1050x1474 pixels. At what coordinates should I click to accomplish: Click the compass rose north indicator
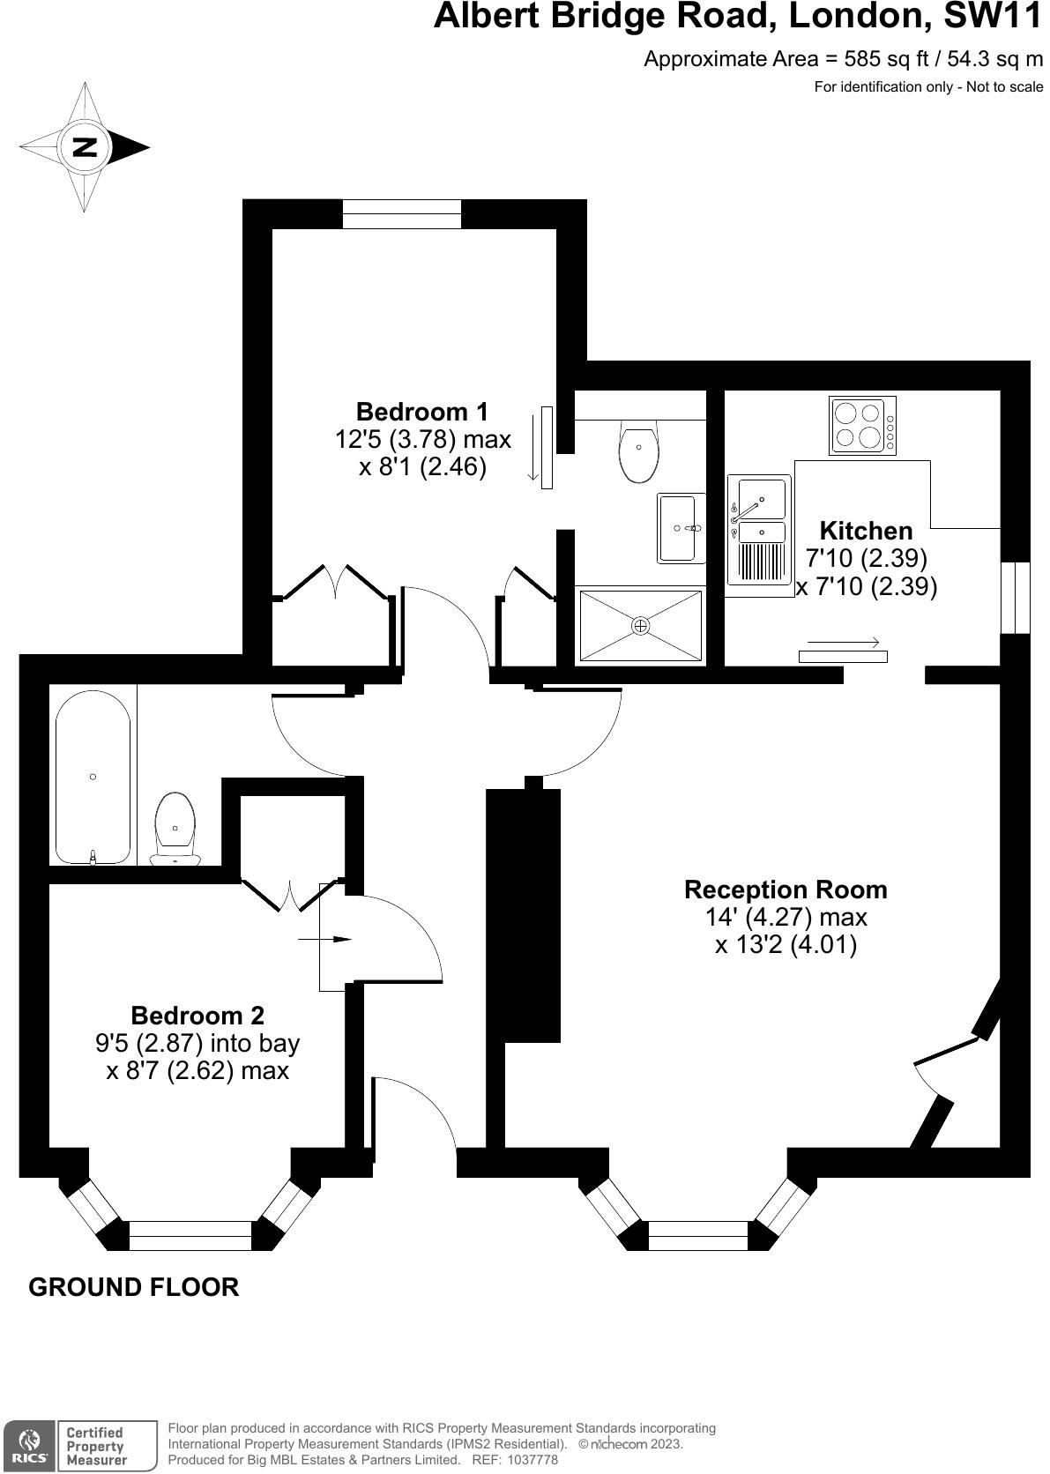click(x=85, y=147)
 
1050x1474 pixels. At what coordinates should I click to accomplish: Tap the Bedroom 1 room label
click(x=421, y=412)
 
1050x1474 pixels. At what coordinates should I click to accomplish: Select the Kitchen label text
click(x=866, y=531)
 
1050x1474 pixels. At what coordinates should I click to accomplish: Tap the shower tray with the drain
click(x=640, y=625)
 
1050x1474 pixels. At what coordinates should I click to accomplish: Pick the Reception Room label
click(x=786, y=890)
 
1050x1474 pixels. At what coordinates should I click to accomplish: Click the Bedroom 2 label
click(x=197, y=1015)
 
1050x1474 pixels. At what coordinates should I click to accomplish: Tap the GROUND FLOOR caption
click(x=134, y=1287)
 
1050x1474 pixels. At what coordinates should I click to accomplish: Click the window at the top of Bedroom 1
click(x=402, y=214)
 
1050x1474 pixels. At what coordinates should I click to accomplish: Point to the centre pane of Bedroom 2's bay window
click(x=191, y=1235)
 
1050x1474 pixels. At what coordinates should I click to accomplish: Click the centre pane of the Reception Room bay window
click(x=697, y=1235)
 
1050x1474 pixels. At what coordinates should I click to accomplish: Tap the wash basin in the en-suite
click(x=680, y=528)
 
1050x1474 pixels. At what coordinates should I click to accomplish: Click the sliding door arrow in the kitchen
click(x=843, y=642)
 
